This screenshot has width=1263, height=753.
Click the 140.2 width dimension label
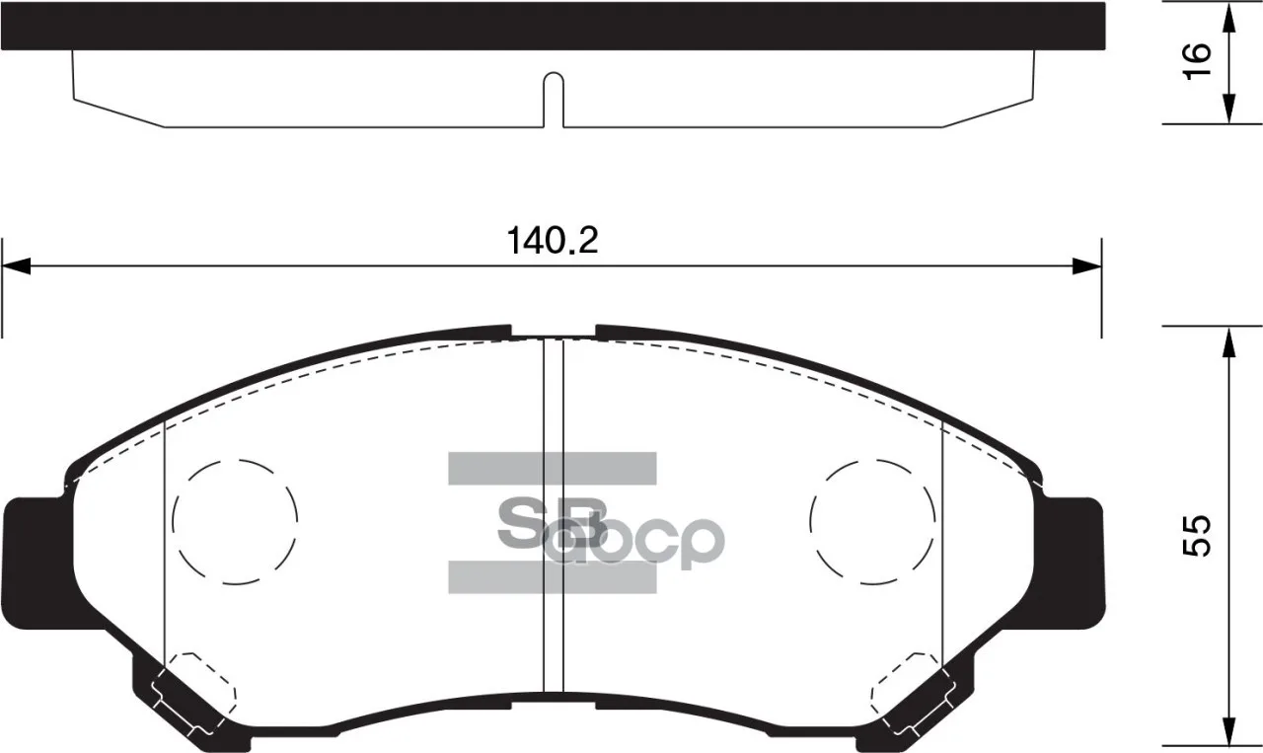click(553, 241)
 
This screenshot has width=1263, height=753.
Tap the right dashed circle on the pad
click(872, 520)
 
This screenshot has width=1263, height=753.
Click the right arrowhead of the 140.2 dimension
click(1085, 266)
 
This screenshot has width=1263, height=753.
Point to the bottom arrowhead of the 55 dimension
click(1228, 735)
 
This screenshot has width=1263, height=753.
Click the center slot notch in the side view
click(554, 99)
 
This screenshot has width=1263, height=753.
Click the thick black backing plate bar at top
click(553, 26)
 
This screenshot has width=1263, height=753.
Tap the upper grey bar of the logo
click(553, 468)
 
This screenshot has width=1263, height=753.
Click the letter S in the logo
click(521, 523)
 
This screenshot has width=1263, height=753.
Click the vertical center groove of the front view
click(554, 513)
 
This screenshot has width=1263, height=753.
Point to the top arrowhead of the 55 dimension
click(1228, 341)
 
